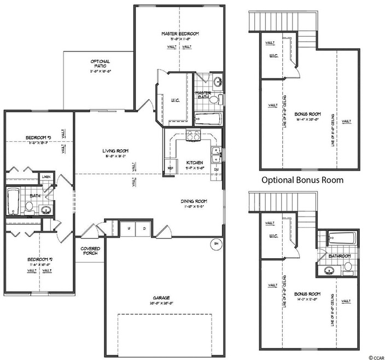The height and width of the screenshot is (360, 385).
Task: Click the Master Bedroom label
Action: (x=179, y=34)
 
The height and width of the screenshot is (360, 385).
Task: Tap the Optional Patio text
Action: (x=100, y=64)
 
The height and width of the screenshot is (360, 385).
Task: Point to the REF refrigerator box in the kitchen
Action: (x=170, y=167)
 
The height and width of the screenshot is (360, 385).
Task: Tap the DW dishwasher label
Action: (x=217, y=169)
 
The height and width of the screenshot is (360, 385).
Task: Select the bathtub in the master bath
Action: (x=208, y=119)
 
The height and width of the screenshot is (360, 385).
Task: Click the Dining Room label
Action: (x=194, y=201)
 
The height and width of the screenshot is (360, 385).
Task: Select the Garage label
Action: (x=163, y=299)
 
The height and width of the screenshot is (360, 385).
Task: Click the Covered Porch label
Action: (x=90, y=250)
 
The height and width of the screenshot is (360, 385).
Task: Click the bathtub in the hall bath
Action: (x=13, y=200)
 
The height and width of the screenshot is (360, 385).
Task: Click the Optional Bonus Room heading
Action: (x=302, y=179)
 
